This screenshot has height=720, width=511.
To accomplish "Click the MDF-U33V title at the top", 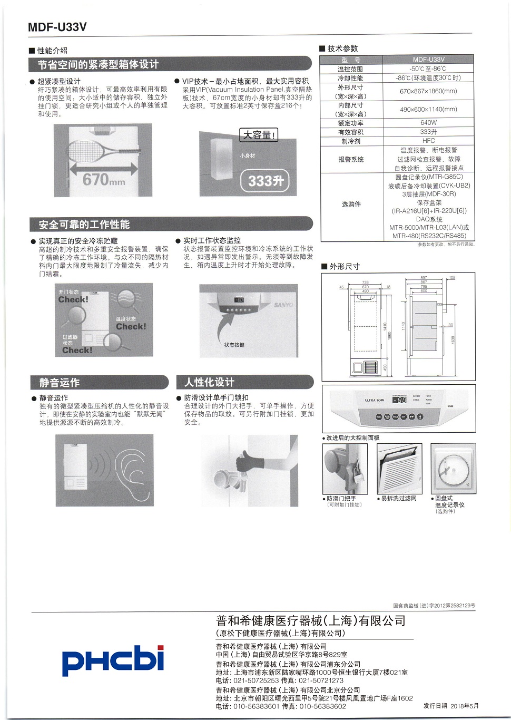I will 57,27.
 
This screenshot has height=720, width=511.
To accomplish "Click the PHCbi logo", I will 113,660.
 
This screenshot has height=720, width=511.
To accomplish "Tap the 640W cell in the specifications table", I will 428,123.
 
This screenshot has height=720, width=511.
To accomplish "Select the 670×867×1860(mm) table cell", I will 428,91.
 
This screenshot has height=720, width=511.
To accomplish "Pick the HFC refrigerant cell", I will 428,141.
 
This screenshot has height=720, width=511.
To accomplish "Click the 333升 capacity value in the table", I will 428,132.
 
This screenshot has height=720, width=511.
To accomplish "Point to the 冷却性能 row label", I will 350,78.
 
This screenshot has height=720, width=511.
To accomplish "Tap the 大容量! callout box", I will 258,135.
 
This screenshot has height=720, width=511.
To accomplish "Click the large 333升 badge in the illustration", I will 266,181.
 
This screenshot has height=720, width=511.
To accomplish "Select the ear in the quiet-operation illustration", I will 132,470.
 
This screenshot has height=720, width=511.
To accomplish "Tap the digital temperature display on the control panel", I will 400,400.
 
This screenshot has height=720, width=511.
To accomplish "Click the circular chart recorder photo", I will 453,468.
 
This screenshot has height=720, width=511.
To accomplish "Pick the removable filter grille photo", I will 399,468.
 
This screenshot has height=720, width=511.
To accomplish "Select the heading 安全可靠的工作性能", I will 84,225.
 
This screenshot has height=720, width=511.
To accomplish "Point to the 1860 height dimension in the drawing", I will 389,335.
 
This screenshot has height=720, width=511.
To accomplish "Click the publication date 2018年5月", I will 464,706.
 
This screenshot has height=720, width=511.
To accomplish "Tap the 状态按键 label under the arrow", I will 234,345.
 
